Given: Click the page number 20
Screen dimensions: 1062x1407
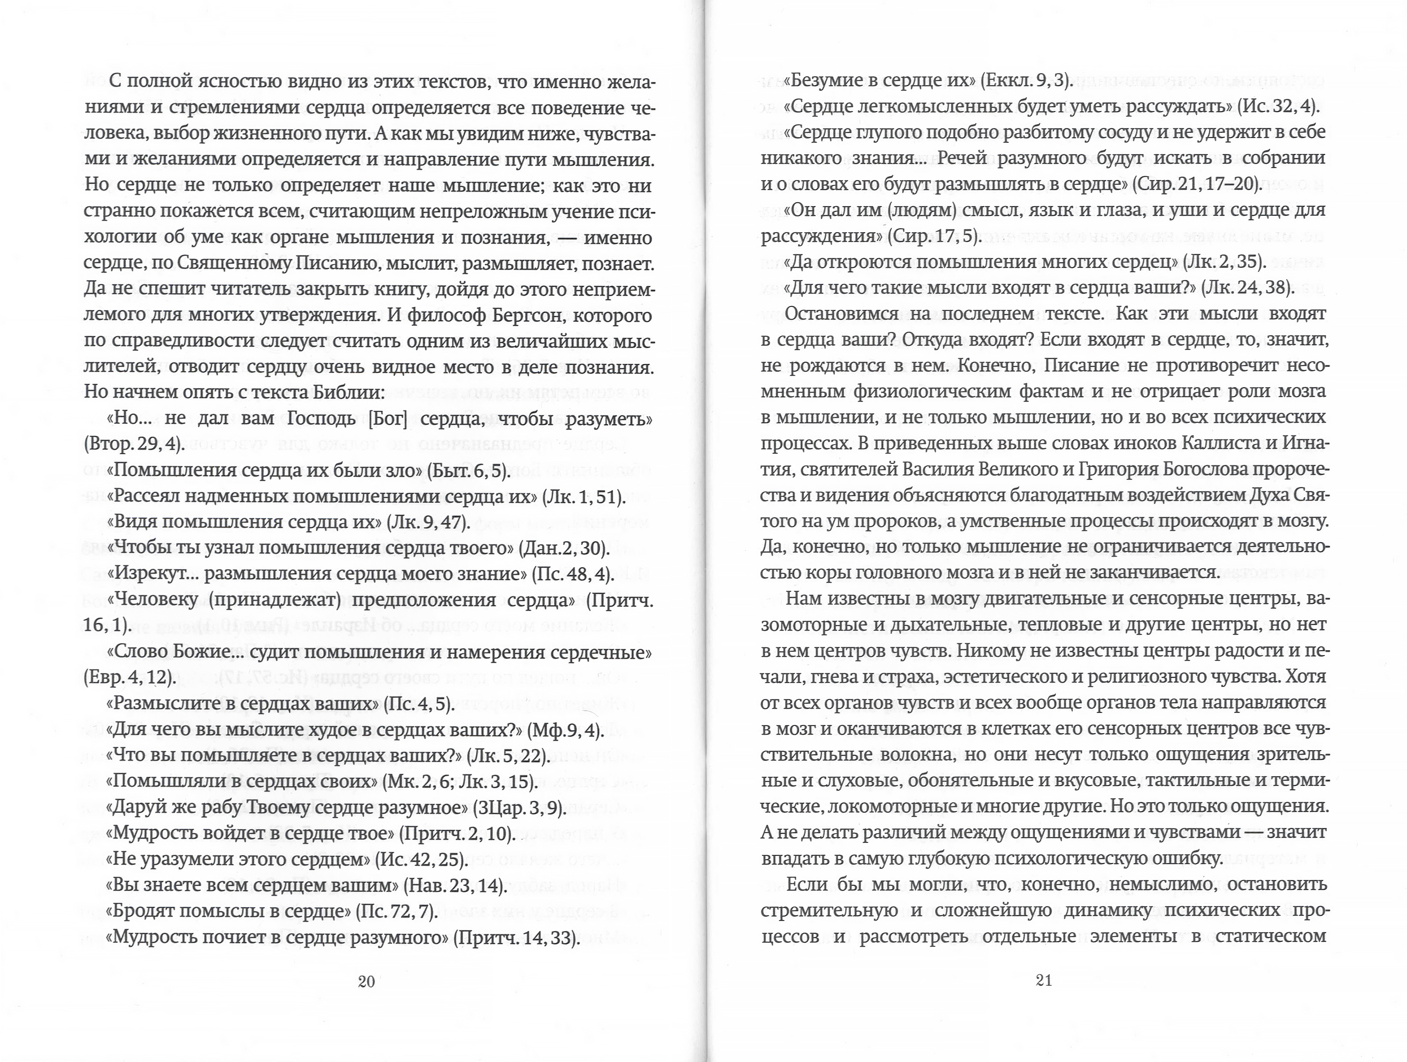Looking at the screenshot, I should (x=366, y=982).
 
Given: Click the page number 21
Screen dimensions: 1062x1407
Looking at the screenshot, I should (x=1044, y=980).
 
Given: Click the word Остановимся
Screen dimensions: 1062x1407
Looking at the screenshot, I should (x=841, y=314).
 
